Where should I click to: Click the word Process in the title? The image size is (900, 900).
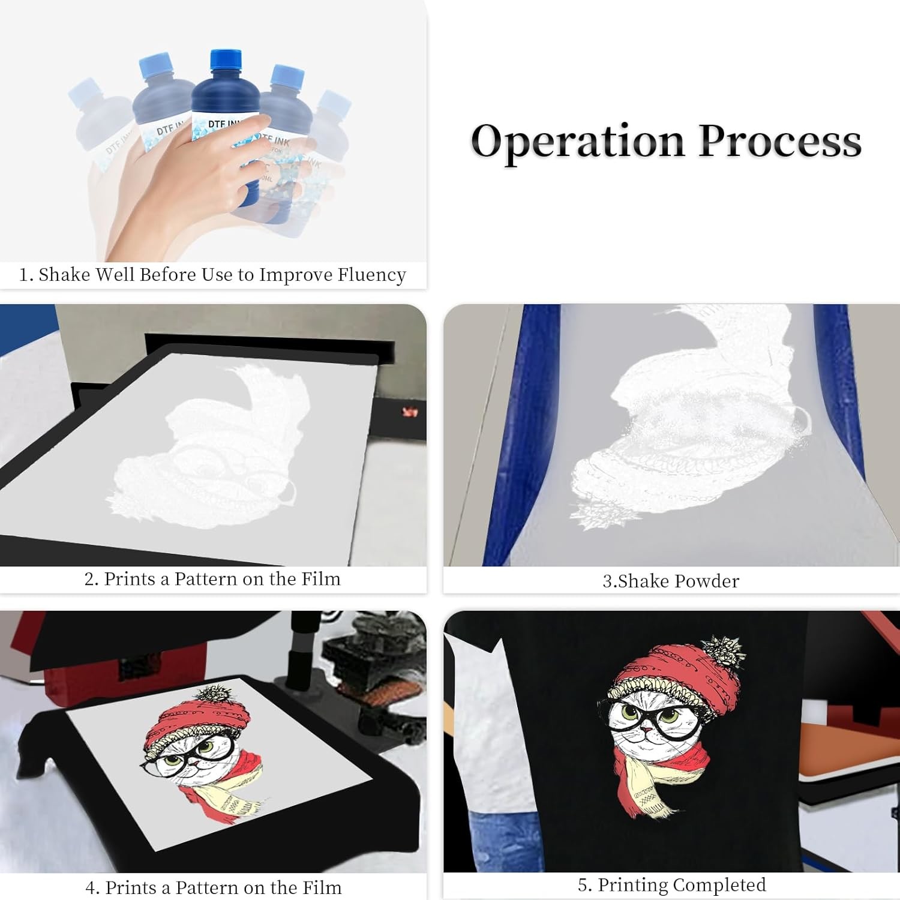point(780,142)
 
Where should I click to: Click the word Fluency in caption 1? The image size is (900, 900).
point(372,275)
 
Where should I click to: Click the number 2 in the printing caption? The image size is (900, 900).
point(89,579)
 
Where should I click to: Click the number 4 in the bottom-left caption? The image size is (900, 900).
point(91,887)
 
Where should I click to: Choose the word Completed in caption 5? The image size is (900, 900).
point(719,885)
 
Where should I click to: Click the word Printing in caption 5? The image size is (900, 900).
point(633,885)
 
